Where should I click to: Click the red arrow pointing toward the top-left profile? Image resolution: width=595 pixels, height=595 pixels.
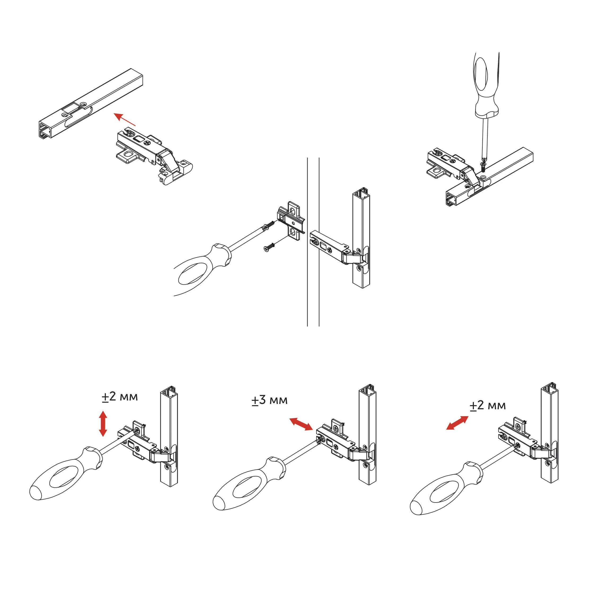coord(124,119)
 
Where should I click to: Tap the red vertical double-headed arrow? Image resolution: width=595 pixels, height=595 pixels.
coord(103,424)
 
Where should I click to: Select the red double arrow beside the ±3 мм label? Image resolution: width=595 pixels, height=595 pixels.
coord(301,424)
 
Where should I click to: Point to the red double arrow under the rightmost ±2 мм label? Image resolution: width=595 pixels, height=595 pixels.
coord(457,422)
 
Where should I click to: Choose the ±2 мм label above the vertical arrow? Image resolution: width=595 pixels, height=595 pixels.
coord(120,397)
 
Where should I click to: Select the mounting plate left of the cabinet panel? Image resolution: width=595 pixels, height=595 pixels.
coord(291,221)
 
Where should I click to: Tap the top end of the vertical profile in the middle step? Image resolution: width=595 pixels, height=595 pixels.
coord(361,192)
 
